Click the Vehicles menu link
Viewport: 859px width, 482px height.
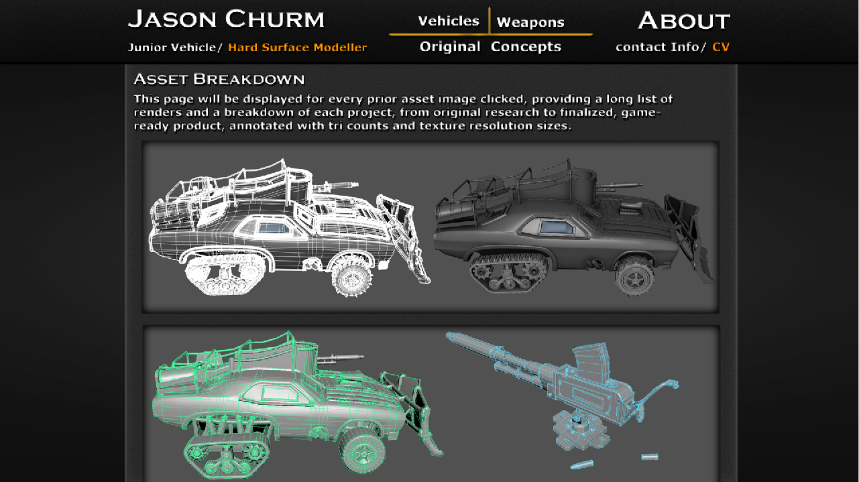[x=449, y=21]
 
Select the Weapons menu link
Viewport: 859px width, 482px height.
[x=530, y=22]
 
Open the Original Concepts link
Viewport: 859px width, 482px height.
[x=490, y=46]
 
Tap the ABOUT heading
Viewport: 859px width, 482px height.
[x=684, y=20]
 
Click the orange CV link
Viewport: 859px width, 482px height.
[x=721, y=47]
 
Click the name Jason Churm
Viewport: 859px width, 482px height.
[x=226, y=19]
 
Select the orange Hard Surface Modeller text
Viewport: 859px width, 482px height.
[x=297, y=47]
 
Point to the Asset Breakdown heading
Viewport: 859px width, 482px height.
[x=219, y=79]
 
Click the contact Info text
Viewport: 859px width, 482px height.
[x=657, y=47]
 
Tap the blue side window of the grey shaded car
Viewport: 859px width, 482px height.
[x=557, y=227]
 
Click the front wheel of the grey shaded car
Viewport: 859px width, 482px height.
[x=634, y=276]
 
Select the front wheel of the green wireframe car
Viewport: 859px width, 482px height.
[x=362, y=449]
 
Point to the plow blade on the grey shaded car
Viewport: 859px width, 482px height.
[x=689, y=239]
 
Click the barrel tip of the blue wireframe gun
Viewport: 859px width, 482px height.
[x=450, y=337]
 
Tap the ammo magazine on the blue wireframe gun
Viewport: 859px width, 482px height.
[x=591, y=360]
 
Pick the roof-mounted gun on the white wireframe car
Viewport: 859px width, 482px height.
[x=335, y=186]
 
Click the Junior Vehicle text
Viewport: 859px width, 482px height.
[x=172, y=47]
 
